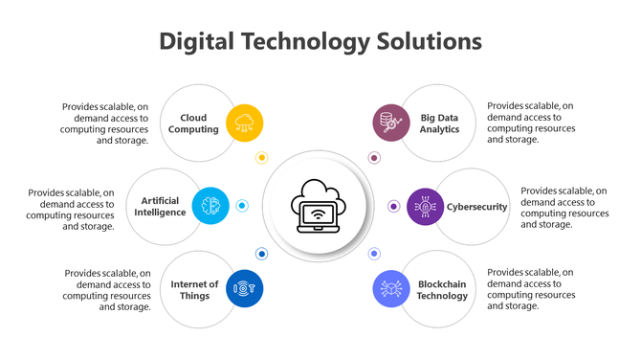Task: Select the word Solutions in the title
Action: (426, 41)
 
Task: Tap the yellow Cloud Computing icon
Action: (244, 123)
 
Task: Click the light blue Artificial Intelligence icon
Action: (210, 206)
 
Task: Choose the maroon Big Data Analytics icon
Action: (390, 123)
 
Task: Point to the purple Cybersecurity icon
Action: (425, 206)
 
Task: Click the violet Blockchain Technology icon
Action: (390, 288)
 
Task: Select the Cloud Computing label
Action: (193, 124)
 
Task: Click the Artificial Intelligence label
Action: (162, 206)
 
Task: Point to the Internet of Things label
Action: (195, 289)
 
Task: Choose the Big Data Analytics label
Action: (440, 124)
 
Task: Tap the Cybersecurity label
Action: (476, 207)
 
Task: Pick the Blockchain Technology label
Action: (443, 289)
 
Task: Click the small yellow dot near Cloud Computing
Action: (261, 157)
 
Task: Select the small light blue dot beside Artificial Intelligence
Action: (242, 206)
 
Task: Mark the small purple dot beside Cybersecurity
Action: (393, 206)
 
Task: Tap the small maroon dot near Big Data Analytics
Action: (374, 157)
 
